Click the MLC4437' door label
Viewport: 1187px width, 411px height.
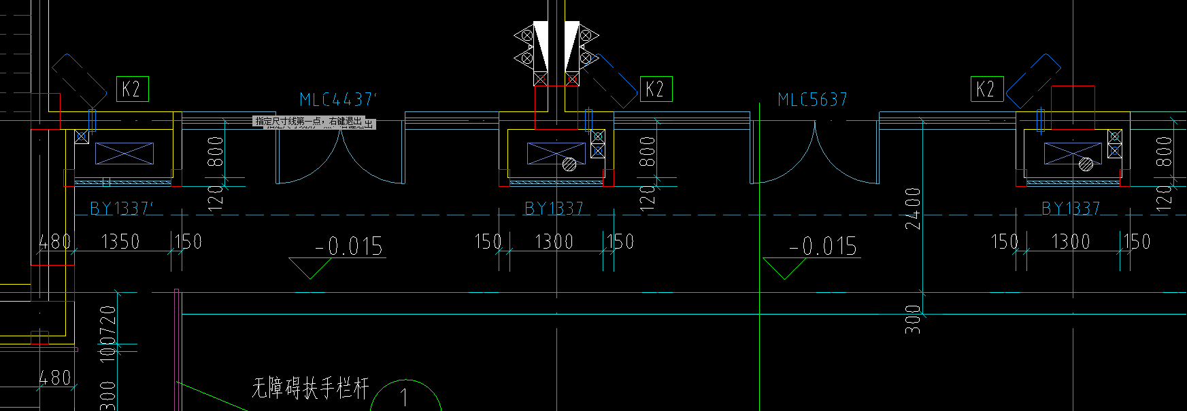[337, 100]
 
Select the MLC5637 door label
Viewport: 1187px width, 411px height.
[812, 100]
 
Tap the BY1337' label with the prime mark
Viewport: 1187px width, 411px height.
[122, 208]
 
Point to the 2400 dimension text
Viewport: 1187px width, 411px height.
[913, 209]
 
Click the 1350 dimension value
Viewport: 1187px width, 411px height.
[120, 242]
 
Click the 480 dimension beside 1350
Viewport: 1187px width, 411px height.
[54, 242]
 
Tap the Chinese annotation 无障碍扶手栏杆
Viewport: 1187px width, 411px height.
[310, 389]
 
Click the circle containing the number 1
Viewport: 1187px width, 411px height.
[405, 397]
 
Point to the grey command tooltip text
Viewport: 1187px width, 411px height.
[314, 122]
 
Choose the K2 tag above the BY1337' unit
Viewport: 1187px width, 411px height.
[132, 89]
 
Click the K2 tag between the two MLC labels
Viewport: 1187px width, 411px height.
[656, 89]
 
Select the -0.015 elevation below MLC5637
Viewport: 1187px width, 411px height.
[823, 246]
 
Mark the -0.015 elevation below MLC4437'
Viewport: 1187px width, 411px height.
[349, 246]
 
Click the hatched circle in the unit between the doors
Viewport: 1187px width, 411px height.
[569, 164]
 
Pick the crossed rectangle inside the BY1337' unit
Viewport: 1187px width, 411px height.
[124, 154]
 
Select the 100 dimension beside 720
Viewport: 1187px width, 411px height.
[108, 352]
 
